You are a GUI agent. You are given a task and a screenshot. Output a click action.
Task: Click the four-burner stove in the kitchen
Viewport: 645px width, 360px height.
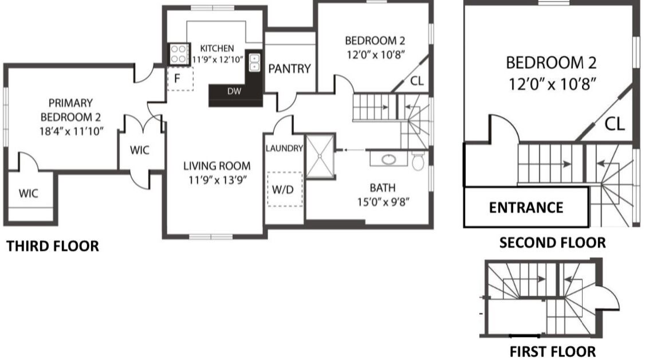pos(179,54)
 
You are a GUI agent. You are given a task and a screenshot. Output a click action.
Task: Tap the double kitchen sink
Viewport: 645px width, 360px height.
pos(255,62)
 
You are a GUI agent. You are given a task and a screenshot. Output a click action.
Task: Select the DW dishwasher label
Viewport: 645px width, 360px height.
pos(234,91)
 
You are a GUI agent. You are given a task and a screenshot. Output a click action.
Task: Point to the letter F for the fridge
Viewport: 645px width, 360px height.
pos(178,78)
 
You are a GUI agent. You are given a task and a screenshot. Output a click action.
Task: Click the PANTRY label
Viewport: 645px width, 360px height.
pos(290,69)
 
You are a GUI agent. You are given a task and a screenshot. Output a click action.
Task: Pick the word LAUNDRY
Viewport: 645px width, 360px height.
pos(284,148)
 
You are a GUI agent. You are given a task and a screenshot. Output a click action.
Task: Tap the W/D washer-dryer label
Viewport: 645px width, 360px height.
pos(283,190)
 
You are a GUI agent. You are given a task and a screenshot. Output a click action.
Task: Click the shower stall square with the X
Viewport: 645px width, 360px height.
pos(320,156)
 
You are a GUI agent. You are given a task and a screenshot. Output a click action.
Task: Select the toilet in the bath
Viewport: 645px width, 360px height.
pos(418,161)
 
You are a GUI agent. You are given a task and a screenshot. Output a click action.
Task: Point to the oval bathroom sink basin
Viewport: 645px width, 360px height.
pos(389,159)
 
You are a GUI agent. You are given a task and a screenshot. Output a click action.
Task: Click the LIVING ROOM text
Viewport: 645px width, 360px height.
pos(217,166)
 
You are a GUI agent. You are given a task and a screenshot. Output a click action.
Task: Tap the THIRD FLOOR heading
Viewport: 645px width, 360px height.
pos(53,246)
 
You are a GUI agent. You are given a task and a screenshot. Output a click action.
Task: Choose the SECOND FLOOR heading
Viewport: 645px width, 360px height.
pos(552,242)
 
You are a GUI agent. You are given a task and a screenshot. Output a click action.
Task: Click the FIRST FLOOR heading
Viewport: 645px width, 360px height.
pos(552,352)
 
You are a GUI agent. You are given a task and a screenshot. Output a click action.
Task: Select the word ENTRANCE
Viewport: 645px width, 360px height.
pos(526,208)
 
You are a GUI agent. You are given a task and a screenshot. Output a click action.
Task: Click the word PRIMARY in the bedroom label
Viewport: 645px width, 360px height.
pos(70,103)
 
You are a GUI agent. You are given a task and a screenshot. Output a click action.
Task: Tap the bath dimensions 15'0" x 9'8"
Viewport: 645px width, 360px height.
pos(383,202)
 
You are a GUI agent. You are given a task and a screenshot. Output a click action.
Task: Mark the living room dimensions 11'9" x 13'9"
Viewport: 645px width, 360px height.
pos(217,180)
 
